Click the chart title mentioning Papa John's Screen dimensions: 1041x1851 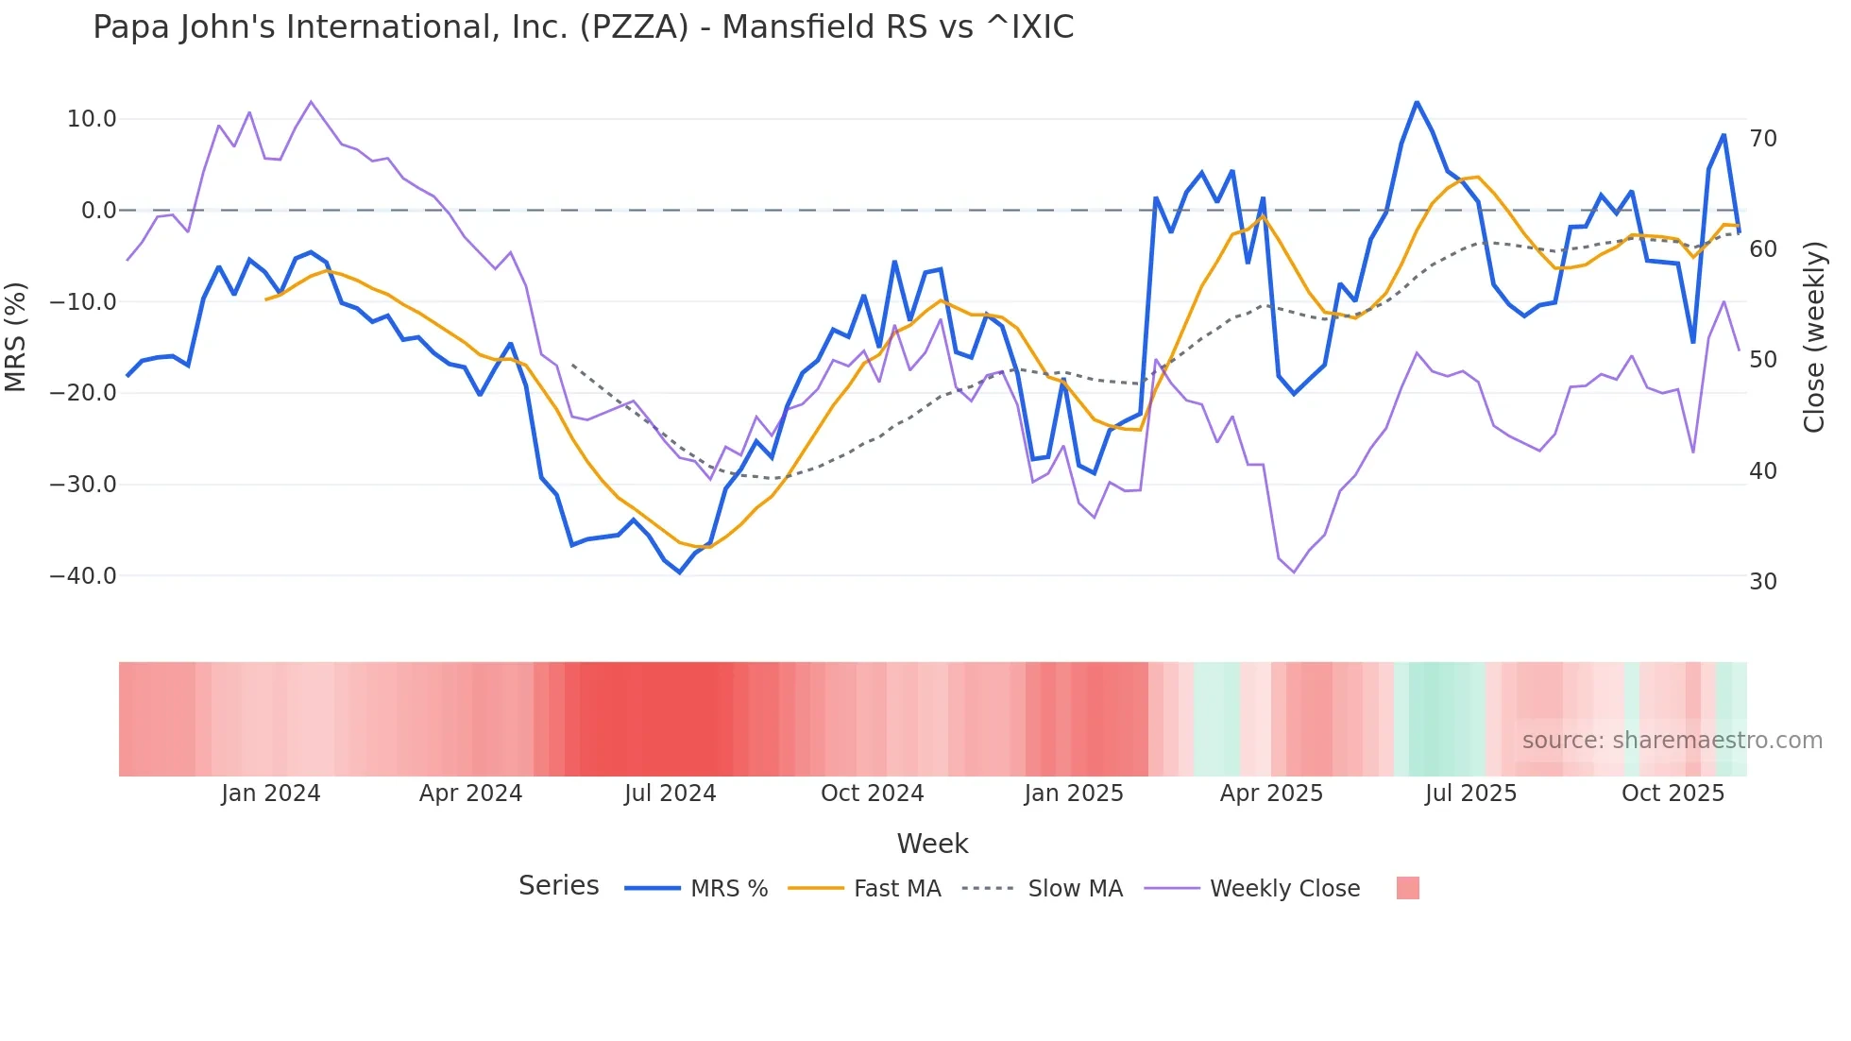click(583, 27)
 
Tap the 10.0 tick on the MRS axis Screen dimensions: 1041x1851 click(92, 119)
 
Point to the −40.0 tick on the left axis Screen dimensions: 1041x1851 click(83, 576)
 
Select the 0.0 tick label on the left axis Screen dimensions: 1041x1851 click(98, 211)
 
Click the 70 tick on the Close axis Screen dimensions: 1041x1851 click(1763, 139)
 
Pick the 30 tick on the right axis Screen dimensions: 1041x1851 click(1763, 582)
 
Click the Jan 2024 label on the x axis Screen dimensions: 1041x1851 click(271, 794)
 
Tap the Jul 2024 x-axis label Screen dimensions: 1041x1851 click(671, 794)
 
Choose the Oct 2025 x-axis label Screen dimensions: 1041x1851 click(1673, 794)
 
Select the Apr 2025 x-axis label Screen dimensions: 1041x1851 click(1271, 794)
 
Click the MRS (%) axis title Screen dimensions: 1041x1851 click(16, 336)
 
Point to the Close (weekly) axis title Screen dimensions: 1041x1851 click(1814, 337)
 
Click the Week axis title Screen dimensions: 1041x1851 click(932, 844)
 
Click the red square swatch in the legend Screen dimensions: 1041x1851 click(1407, 888)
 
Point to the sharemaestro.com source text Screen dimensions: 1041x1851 click(1672, 741)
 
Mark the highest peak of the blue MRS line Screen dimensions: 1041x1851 click(1417, 102)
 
